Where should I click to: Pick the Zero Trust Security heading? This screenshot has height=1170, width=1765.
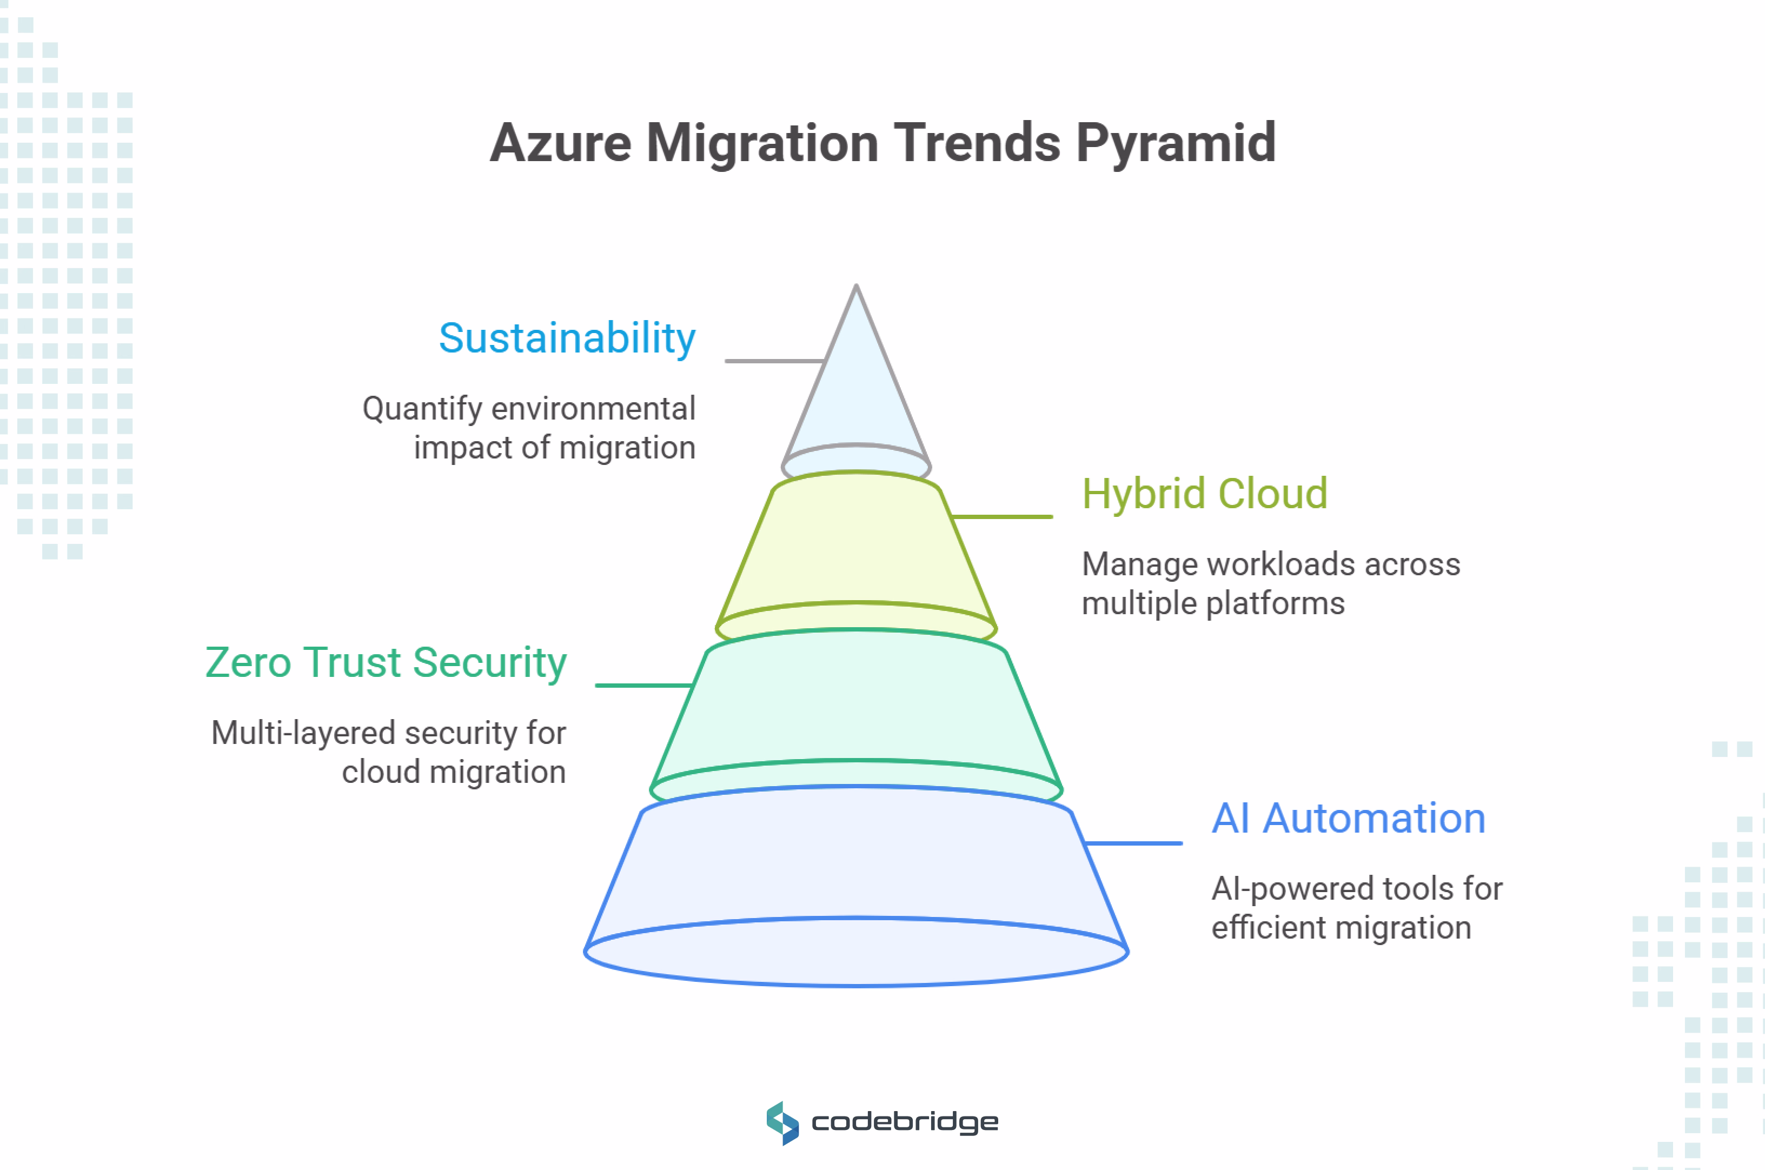[386, 663]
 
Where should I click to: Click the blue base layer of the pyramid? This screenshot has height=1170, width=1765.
[856, 866]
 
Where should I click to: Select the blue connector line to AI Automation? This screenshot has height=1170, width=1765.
[1133, 843]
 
